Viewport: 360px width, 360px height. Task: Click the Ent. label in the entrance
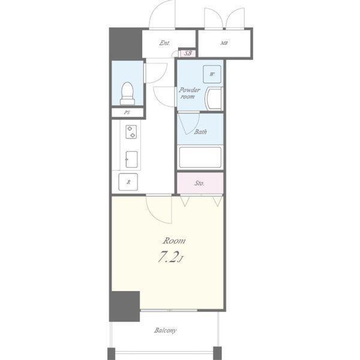[164, 43]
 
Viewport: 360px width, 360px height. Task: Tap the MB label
[224, 43]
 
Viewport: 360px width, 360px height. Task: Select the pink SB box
[188, 53]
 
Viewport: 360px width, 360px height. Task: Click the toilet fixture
[127, 94]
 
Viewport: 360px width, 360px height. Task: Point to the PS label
[127, 113]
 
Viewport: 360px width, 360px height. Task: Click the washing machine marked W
[212, 74]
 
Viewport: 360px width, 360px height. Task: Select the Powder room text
[190, 93]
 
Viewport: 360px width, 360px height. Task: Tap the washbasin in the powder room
[214, 99]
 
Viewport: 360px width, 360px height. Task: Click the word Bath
[200, 132]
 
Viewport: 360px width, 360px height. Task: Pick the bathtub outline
[200, 157]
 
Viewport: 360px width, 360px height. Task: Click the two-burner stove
[131, 132]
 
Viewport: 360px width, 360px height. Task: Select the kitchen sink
[131, 160]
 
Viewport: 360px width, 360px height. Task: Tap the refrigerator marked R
[128, 182]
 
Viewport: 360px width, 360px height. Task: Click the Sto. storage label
[199, 183]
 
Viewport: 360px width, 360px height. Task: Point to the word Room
[174, 241]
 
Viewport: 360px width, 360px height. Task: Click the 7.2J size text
[170, 257]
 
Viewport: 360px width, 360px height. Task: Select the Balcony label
[166, 331]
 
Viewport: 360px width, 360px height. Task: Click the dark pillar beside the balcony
[124, 306]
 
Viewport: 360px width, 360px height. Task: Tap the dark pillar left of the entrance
[125, 43]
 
